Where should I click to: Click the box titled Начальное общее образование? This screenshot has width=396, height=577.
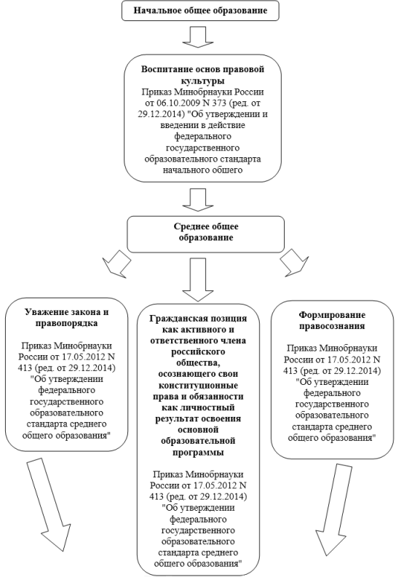200,10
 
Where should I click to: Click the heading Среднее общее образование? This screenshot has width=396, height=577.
206,232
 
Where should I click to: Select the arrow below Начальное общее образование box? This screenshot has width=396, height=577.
198,37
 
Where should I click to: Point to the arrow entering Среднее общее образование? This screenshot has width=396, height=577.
198,200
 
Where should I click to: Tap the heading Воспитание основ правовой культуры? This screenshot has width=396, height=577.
203,75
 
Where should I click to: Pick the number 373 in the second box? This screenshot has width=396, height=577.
218,103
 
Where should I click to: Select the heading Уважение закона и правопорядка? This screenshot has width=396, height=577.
67,317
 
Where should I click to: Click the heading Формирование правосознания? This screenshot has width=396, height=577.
332,320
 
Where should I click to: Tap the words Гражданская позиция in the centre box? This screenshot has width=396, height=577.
198,318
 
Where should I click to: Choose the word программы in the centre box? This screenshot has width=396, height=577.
198,452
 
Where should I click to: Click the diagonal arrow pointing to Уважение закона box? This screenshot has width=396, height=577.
117,263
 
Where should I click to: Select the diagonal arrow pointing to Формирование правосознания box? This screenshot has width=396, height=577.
294,263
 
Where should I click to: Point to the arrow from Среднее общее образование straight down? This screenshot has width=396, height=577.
198,279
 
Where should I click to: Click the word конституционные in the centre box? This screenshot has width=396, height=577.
198,386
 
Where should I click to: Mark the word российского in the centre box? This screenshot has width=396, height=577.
198,351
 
